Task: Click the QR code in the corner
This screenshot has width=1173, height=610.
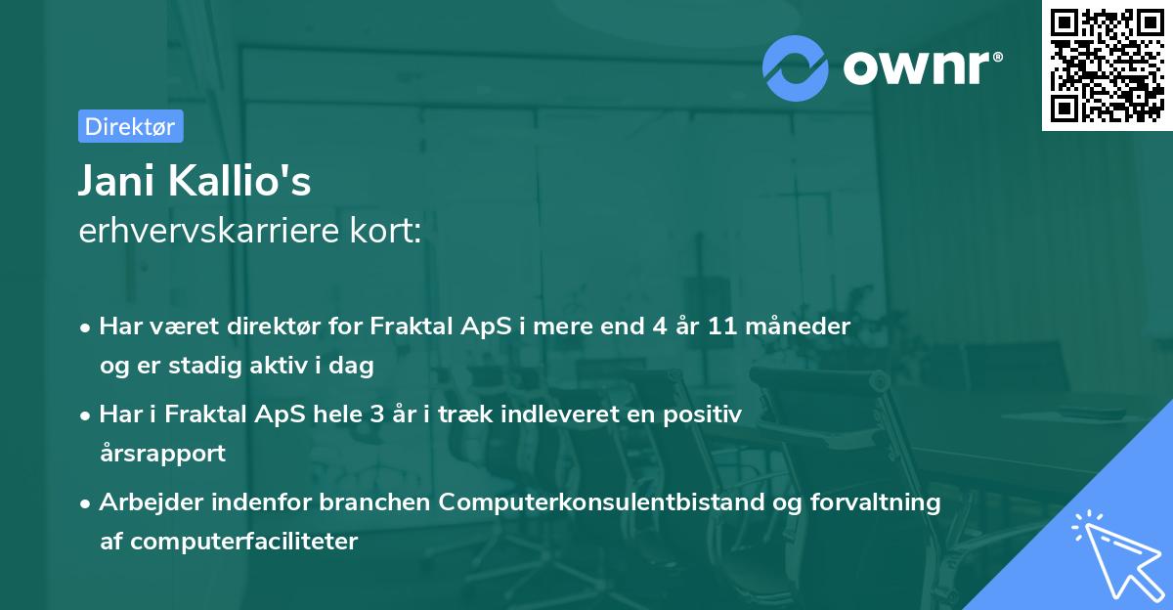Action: coord(1107,65)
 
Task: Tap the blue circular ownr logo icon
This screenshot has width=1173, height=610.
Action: coord(796,66)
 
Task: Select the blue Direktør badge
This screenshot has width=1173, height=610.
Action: coord(130,126)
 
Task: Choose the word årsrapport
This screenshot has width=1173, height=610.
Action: coord(162,454)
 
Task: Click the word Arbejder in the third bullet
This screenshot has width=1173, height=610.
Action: coord(152,501)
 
